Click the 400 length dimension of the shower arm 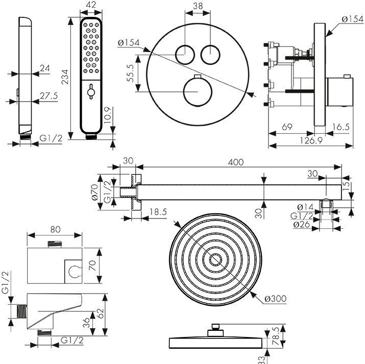pyautogui.click(x=235, y=162)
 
